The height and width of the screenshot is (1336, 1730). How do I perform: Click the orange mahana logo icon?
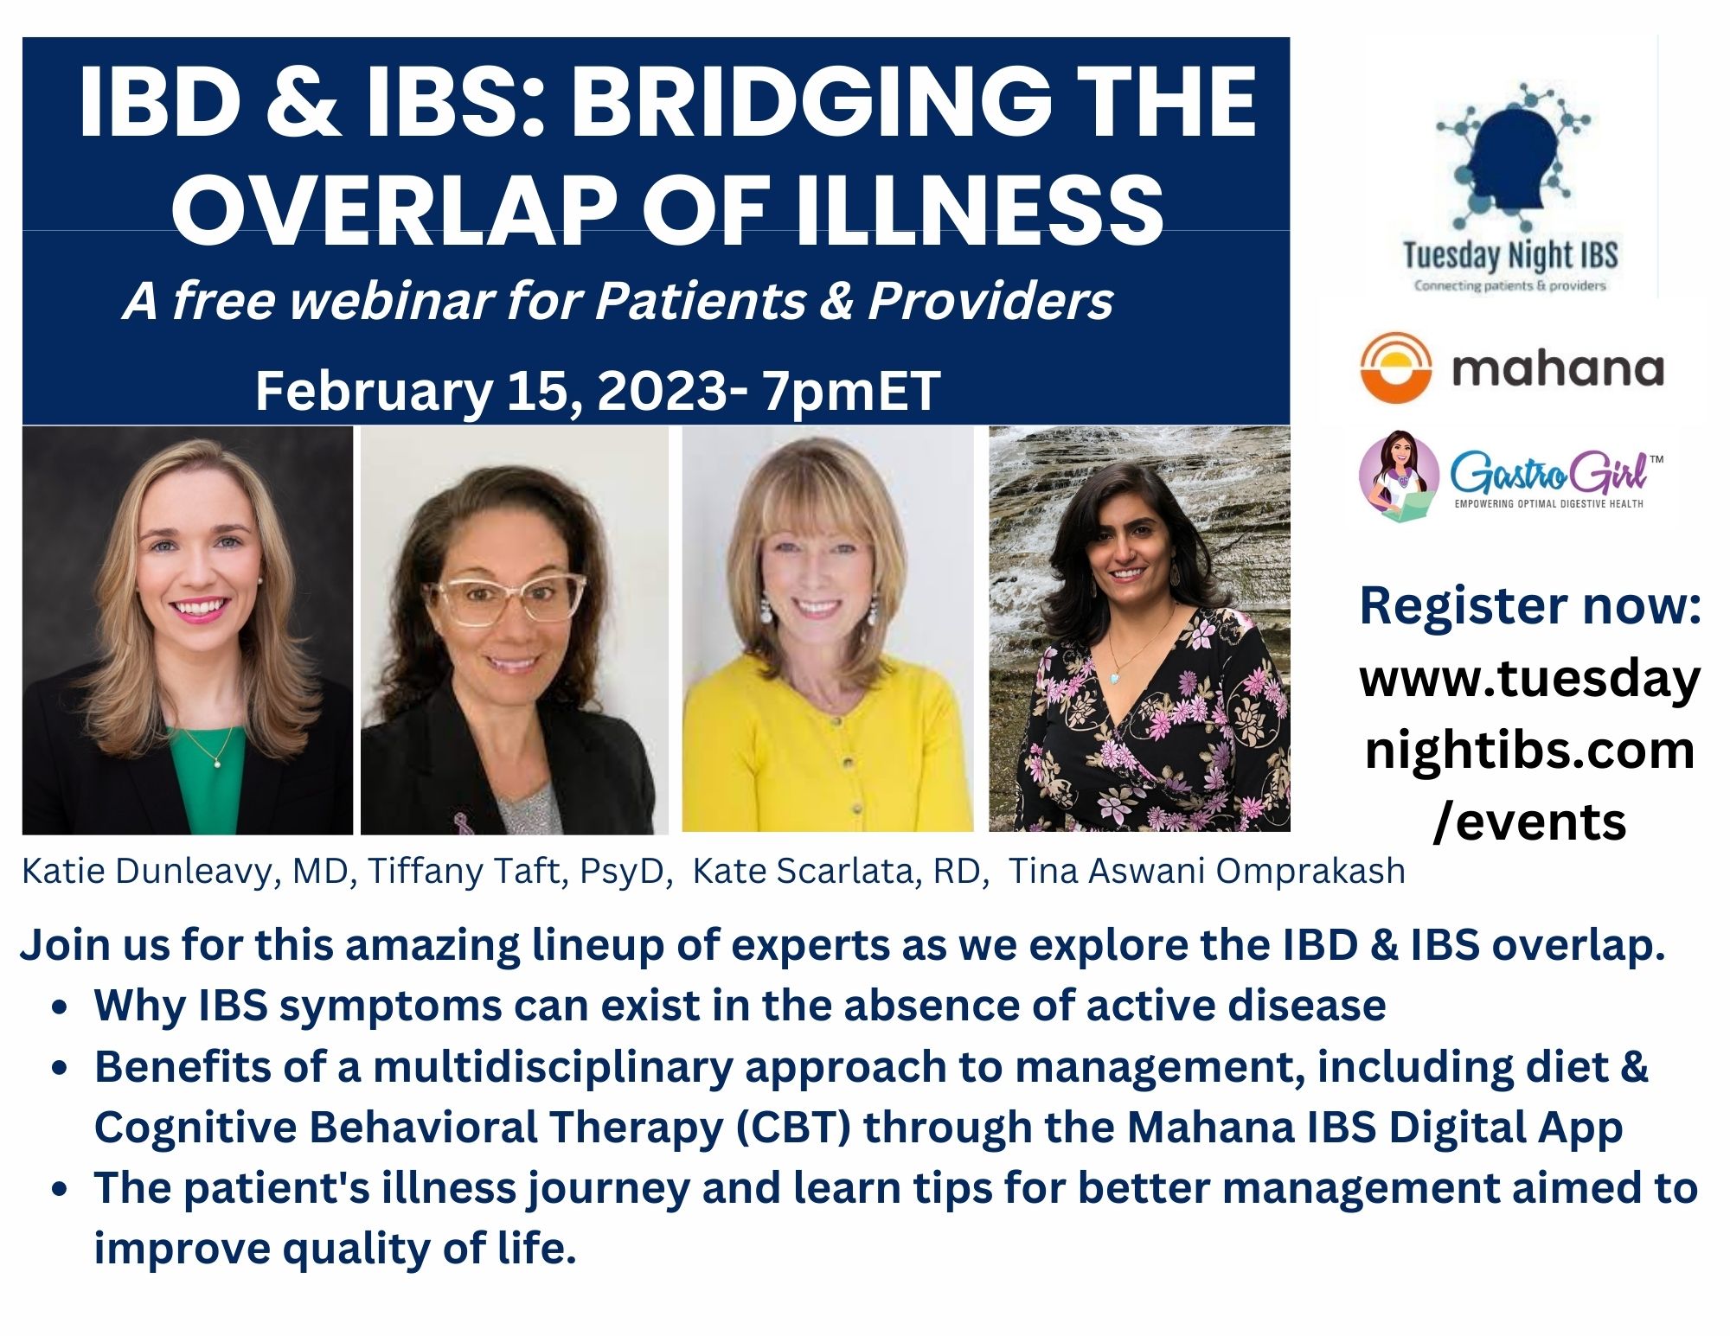(1395, 368)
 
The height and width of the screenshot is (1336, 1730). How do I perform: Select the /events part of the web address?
(1529, 821)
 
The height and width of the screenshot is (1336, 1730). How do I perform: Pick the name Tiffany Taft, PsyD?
(521, 871)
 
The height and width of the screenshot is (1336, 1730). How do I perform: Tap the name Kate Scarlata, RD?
(841, 871)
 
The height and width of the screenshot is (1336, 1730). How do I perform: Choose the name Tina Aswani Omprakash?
(1208, 871)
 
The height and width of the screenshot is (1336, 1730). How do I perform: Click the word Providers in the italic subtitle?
(990, 301)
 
